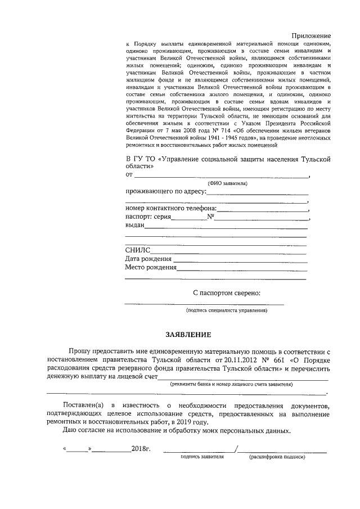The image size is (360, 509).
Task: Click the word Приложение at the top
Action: pos(310,35)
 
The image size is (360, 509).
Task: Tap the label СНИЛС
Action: pos(137,250)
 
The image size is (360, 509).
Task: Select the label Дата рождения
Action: pos(148,259)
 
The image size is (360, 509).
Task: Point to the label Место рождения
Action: pos(150,268)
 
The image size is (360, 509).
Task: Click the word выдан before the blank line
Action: pos(134,226)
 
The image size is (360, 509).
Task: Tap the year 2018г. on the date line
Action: pos(141,449)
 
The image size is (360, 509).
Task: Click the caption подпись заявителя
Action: pos(202,457)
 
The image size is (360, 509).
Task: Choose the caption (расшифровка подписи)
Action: pos(277,457)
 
